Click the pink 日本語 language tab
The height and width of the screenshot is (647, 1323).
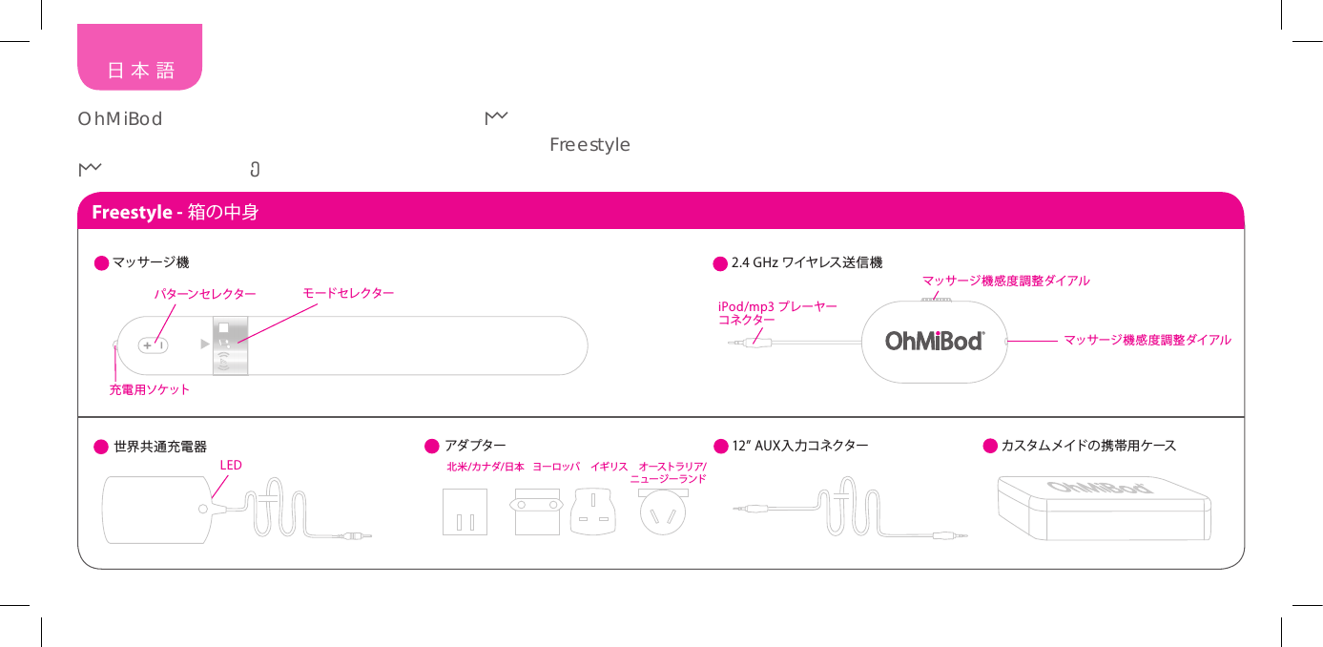tap(140, 70)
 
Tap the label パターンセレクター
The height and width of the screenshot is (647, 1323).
tap(205, 294)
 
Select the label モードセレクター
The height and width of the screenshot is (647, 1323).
tap(348, 292)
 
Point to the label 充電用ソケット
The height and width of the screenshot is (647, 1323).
tap(150, 389)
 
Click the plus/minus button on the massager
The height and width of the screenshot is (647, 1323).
tap(154, 345)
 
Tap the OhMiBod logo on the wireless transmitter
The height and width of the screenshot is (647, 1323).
tap(934, 341)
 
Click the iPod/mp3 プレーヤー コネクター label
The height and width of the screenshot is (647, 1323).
tap(776, 313)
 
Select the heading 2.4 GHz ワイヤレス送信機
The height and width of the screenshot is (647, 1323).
tap(806, 262)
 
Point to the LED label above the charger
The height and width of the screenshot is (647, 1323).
tap(231, 465)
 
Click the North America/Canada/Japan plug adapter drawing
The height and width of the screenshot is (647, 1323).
tap(465, 512)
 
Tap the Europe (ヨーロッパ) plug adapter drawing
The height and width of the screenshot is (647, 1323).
tap(537, 512)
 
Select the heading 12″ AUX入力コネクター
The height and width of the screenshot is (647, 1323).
tap(799, 446)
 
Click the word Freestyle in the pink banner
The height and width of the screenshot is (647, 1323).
tap(130, 212)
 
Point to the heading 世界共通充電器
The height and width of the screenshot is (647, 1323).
tap(160, 447)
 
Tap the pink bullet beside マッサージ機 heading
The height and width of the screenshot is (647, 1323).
tap(101, 262)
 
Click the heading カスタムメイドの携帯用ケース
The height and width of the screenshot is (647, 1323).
tap(1088, 446)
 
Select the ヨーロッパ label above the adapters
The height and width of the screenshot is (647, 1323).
tap(557, 467)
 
